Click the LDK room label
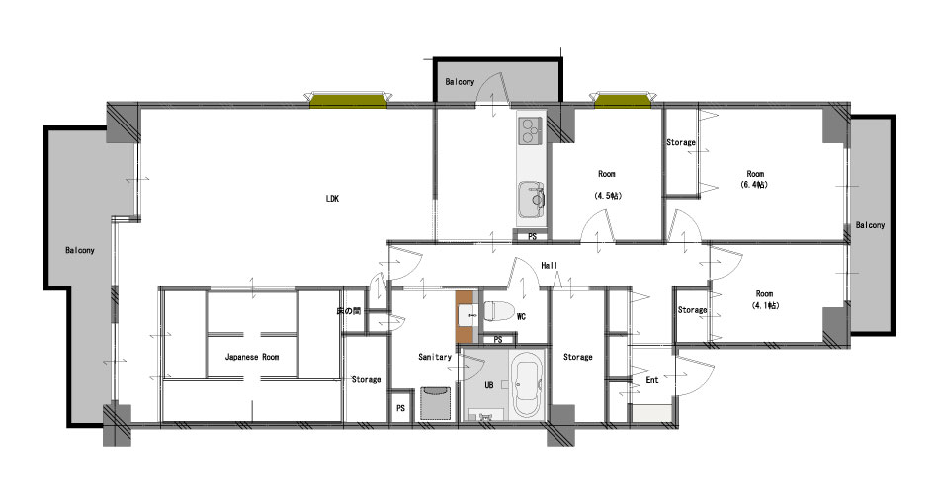tap(332, 199)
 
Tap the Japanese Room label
tap(251, 357)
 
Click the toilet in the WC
tap(499, 311)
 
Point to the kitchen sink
tap(532, 200)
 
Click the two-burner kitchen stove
tap(531, 131)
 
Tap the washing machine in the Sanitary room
tap(435, 403)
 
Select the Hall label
tap(550, 265)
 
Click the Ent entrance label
tap(652, 380)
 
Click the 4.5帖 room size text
tap(608, 196)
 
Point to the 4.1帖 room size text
tap(765, 305)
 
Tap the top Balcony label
tap(460, 81)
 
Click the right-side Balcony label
tap(870, 225)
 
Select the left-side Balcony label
tap(80, 250)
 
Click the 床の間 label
tap(349, 311)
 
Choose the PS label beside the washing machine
tap(400, 408)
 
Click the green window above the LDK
tap(348, 101)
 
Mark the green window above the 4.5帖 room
tap(623, 101)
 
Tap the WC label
tap(521, 317)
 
